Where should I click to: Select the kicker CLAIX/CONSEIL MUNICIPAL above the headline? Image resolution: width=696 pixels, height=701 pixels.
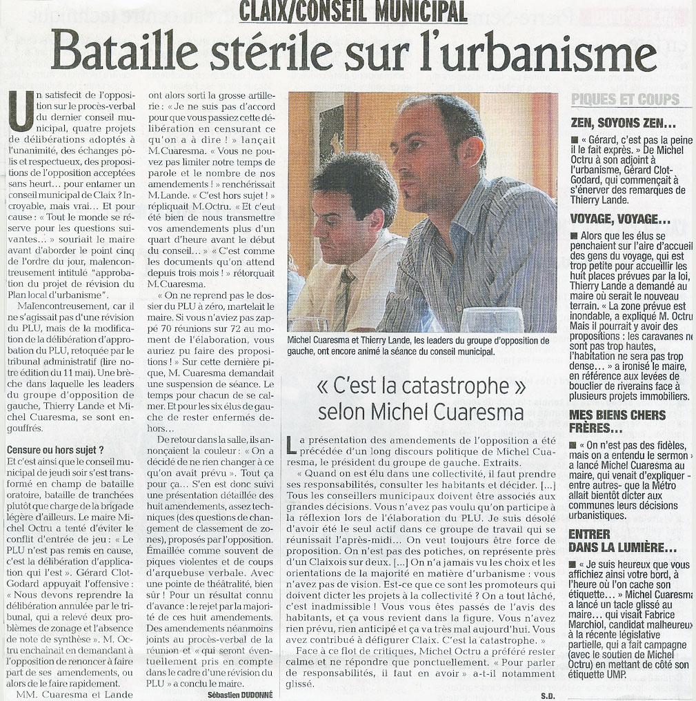click(x=353, y=12)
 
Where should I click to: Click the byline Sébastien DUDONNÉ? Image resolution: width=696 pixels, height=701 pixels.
click(x=240, y=695)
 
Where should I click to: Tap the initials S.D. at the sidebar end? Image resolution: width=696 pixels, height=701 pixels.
click(x=548, y=695)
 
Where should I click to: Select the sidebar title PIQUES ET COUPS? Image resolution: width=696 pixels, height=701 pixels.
click(x=625, y=99)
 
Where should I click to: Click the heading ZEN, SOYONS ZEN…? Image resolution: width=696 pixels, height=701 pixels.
click(x=623, y=124)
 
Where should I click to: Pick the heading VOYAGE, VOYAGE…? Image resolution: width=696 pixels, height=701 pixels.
click(x=621, y=220)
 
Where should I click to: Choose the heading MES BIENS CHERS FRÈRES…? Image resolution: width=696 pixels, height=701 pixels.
click(x=618, y=422)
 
